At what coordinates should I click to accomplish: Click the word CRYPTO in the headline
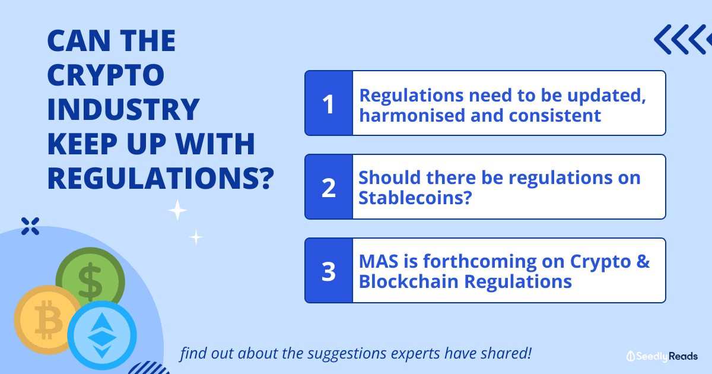106,75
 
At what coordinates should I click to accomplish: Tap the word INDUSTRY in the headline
123,109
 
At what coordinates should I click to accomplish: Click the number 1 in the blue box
328,104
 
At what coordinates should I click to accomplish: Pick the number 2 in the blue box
329,188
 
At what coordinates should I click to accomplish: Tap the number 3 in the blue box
329,271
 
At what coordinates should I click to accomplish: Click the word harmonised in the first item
412,115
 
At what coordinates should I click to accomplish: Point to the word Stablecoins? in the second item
415,198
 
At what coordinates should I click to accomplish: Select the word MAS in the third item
379,261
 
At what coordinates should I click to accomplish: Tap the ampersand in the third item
643,261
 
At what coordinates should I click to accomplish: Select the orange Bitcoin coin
47,320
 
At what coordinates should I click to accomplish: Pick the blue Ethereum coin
102,335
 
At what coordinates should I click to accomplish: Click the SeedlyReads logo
662,356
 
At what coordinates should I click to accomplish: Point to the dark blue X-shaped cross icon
30,226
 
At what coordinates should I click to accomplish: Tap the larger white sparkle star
177,210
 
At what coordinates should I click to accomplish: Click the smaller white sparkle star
196,237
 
